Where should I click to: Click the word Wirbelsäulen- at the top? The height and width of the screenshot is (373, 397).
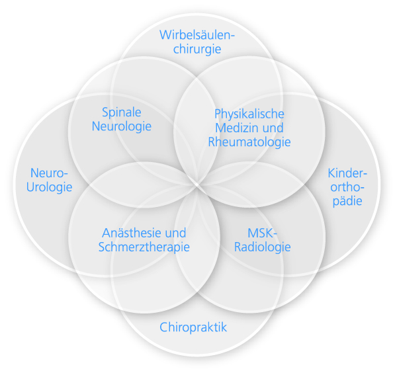tap(198, 34)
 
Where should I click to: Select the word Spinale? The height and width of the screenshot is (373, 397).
tap(122, 112)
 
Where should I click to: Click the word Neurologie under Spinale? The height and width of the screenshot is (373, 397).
tap(122, 126)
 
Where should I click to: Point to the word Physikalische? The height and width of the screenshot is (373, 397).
tap(249, 113)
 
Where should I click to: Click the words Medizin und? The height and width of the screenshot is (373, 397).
tap(249, 127)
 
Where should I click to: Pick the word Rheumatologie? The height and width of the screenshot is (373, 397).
tap(249, 141)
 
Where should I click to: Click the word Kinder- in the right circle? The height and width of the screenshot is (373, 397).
tap(347, 173)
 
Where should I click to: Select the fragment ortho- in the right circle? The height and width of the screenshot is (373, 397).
tap(346, 187)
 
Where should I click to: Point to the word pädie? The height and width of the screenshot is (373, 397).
tap(346, 201)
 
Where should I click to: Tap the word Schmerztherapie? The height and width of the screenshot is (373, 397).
tap(144, 247)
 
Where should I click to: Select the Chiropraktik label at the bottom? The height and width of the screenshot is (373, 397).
tap(193, 327)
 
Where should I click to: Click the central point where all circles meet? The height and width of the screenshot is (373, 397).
tap(198, 181)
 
